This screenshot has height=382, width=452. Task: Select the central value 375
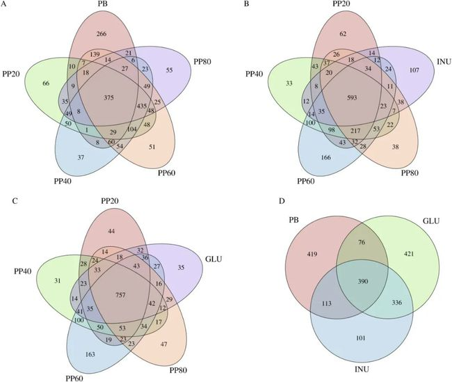(x=106, y=98)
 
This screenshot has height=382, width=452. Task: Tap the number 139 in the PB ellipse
(x=96, y=54)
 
